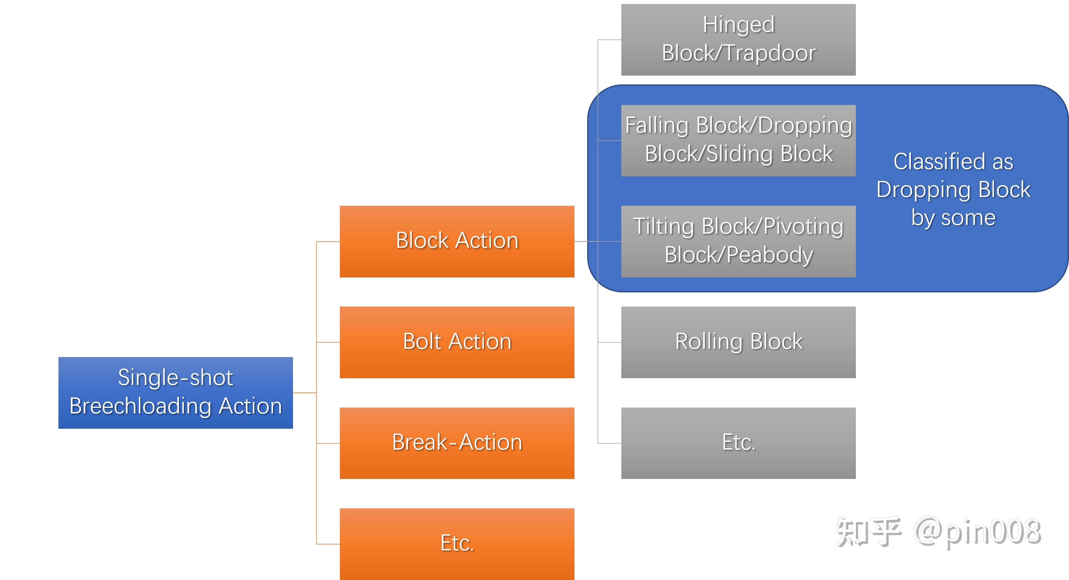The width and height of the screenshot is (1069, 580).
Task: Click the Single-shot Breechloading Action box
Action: click(x=176, y=393)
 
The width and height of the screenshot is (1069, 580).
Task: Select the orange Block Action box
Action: click(x=457, y=242)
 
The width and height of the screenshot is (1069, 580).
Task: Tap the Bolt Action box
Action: click(x=457, y=342)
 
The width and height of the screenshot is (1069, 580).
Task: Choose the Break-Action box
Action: click(x=457, y=443)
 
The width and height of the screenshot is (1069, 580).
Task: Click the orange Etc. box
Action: click(x=457, y=544)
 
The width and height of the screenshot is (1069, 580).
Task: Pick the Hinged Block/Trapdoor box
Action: click(x=738, y=40)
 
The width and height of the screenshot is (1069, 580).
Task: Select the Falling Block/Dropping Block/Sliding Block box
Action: click(x=738, y=141)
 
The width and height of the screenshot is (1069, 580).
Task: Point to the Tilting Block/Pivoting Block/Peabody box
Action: click(x=738, y=242)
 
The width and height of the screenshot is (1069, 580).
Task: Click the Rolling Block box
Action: click(x=738, y=342)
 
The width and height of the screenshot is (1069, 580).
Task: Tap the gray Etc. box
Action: click(x=738, y=443)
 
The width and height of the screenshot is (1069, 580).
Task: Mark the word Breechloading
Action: click(x=141, y=406)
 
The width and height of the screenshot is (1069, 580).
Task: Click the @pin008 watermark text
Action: click(x=977, y=532)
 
